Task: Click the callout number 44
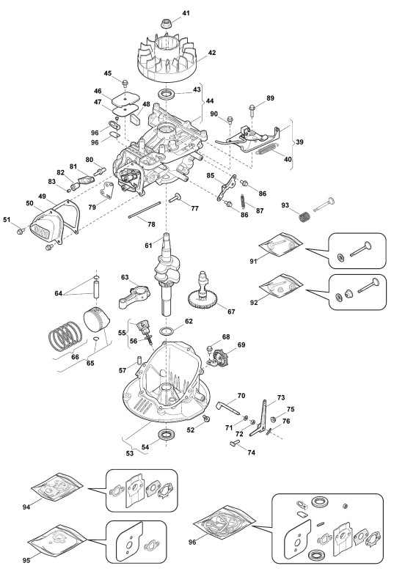click(x=210, y=100)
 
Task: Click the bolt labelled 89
click(x=252, y=110)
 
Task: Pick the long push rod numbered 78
click(x=145, y=210)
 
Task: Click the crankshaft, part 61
click(x=166, y=273)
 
